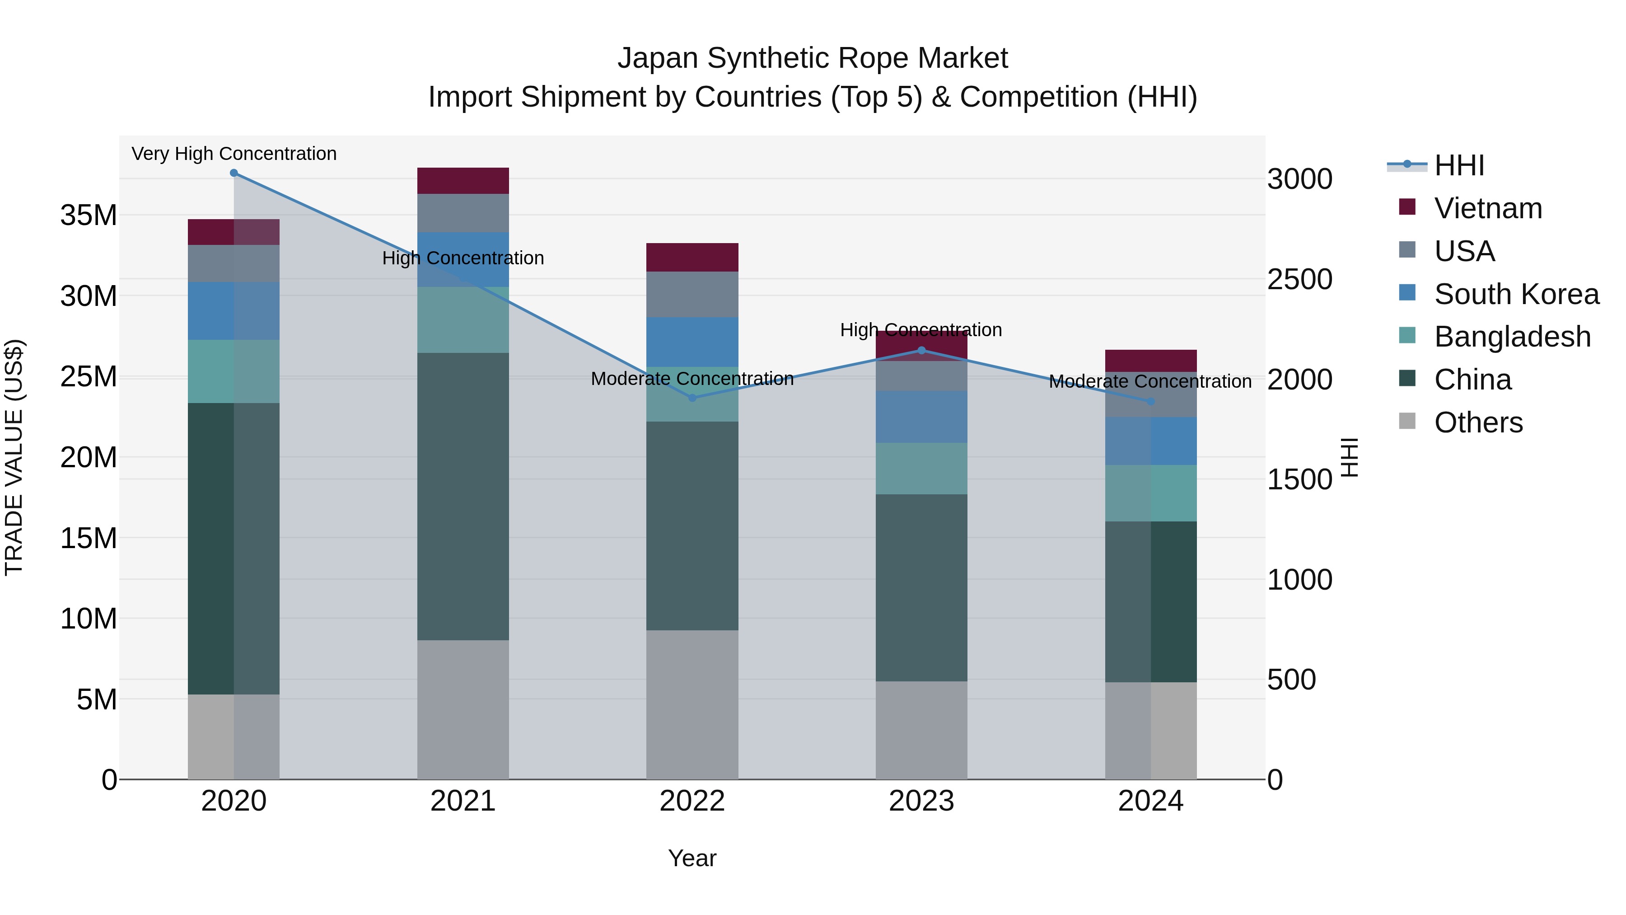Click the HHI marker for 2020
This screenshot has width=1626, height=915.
point(234,173)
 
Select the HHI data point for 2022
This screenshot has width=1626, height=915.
point(692,398)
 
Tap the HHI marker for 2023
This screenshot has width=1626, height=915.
point(921,351)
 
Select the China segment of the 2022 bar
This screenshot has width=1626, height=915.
point(692,526)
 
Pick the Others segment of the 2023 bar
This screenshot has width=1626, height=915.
point(921,730)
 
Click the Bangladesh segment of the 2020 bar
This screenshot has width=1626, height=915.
point(234,371)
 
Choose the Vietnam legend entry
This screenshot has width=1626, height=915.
point(1488,208)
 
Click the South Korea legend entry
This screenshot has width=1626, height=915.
point(1516,294)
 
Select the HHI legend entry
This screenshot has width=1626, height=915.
point(1459,165)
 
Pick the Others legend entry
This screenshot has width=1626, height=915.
point(1478,422)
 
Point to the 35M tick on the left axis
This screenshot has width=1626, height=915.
point(89,216)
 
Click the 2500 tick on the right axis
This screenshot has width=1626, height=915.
point(1299,279)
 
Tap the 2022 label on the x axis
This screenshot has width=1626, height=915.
point(692,801)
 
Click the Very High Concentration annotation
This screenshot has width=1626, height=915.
point(234,154)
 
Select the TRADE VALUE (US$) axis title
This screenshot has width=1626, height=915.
point(14,457)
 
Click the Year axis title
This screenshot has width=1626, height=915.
point(692,858)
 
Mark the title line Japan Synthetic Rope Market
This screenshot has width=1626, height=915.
point(813,58)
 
